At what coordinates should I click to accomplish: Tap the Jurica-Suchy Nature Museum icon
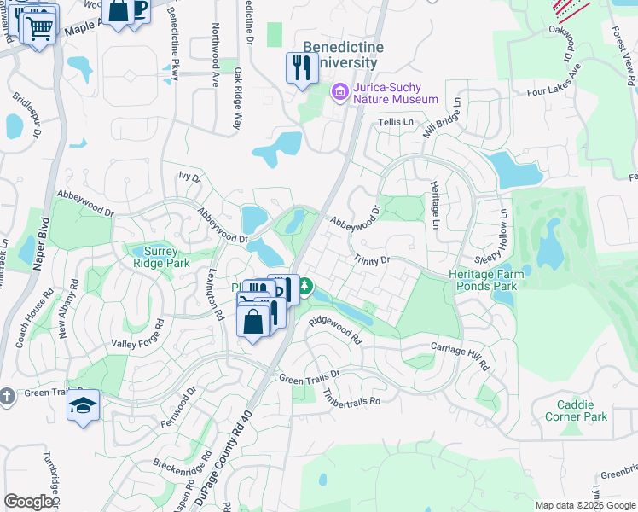(339, 90)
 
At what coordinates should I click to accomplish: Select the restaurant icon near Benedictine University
(301, 67)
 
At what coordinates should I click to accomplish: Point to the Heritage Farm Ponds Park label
(483, 280)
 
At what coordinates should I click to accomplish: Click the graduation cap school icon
(84, 404)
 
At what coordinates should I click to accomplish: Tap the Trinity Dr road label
(371, 259)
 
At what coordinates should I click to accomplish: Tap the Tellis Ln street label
(395, 123)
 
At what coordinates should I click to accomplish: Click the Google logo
(28, 501)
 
